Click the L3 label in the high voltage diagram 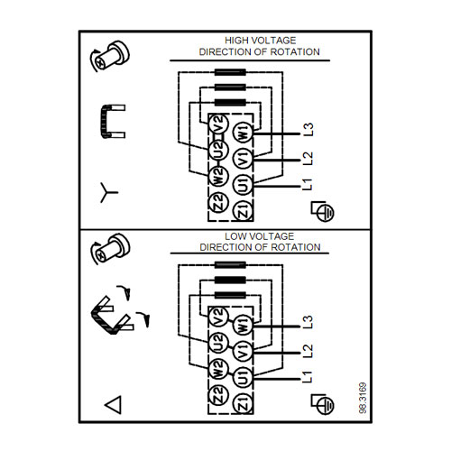pos(308,130)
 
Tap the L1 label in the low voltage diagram pos(308,377)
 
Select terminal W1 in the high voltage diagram pos(244,133)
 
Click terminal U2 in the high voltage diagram pos(219,150)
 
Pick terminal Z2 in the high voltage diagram pos(218,202)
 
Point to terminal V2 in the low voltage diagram pos(218,318)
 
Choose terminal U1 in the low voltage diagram pos(244,377)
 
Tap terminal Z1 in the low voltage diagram pos(244,403)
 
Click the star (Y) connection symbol pos(107,192)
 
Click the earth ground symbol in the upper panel pos(323,211)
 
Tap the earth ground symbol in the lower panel pos(323,404)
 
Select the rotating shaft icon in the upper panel pos(109,56)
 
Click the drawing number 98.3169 pos(363,398)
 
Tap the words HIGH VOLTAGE pos(261,41)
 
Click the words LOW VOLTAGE pos(260,236)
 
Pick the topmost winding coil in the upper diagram pos(230,72)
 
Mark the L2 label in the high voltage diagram pos(308,158)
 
